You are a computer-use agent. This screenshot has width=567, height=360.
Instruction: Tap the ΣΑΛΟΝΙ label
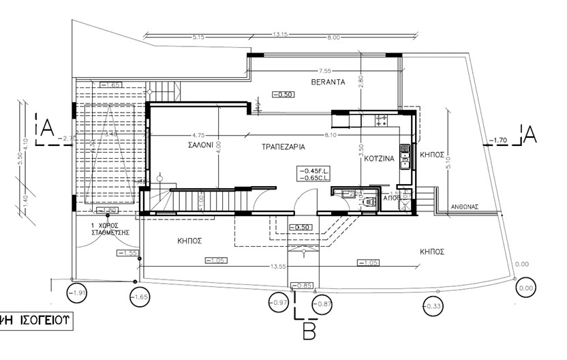[x=202, y=145]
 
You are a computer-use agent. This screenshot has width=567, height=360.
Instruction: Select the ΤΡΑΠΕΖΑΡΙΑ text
[x=282, y=146]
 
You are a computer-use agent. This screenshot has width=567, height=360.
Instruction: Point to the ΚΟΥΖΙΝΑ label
[x=374, y=158]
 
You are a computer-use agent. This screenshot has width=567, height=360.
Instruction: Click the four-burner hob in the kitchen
[x=380, y=121]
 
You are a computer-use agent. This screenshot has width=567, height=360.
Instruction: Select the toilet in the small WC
[x=370, y=202]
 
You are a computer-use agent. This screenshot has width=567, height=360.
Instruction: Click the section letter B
[x=309, y=332]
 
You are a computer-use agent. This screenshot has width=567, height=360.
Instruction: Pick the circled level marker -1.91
[x=78, y=295]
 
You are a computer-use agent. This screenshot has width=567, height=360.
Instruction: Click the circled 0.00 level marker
[x=525, y=288]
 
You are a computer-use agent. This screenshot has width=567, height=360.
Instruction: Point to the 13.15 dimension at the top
[x=279, y=33]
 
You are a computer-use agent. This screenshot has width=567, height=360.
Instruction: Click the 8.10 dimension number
[x=331, y=135]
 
